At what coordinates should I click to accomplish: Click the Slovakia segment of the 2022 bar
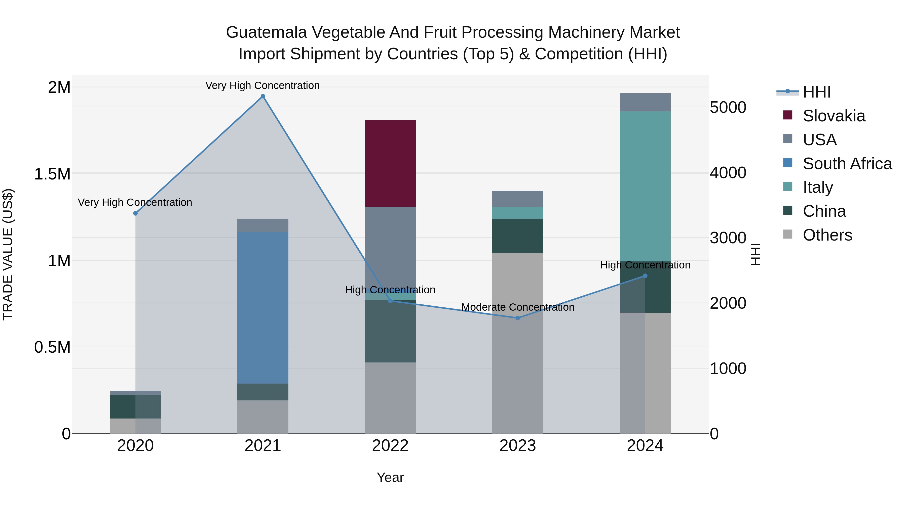click(390, 163)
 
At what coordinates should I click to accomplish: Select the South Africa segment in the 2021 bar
click(263, 307)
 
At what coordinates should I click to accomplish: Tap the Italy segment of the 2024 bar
click(645, 186)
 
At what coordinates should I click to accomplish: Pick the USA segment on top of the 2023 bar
click(517, 199)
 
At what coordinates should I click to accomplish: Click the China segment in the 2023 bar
click(517, 236)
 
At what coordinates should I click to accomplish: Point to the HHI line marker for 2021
click(263, 96)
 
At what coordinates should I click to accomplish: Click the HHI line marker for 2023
click(517, 318)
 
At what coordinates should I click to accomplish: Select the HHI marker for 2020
click(135, 213)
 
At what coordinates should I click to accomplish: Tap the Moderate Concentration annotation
click(517, 307)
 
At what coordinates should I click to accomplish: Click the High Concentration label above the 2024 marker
click(645, 265)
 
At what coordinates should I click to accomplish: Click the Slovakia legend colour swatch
click(788, 115)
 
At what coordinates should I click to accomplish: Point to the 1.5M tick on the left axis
click(52, 174)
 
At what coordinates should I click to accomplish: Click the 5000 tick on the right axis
click(728, 108)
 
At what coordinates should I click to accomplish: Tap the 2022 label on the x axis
click(390, 446)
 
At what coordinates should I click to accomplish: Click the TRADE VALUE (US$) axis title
click(8, 254)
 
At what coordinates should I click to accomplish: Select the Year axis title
click(390, 477)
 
